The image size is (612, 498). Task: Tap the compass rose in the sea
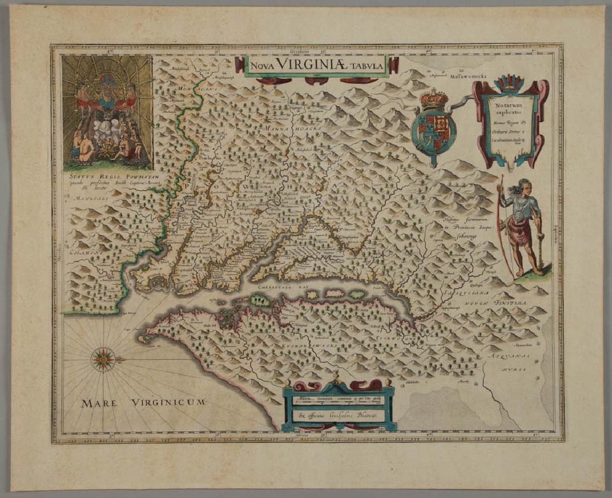point(103,358)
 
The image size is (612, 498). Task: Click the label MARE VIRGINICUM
point(144,402)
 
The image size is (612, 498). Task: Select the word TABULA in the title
point(376,66)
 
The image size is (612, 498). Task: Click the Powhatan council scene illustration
point(107,111)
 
